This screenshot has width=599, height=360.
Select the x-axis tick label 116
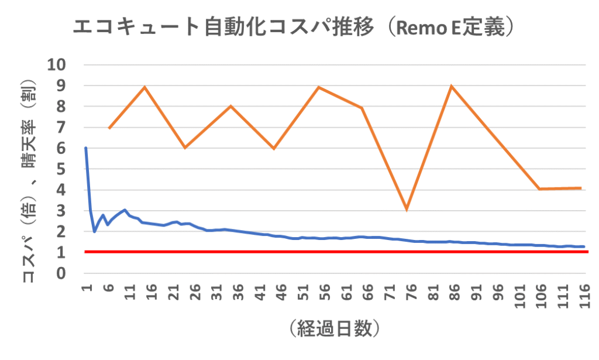click(583, 293)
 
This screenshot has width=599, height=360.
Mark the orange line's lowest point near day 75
click(406, 209)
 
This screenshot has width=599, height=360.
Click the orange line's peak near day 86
click(451, 86)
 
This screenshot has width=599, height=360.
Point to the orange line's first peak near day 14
click(144, 87)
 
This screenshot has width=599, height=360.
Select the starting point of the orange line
click(109, 128)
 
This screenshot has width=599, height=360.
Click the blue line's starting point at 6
click(86, 148)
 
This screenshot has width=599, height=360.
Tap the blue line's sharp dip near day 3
click(94, 231)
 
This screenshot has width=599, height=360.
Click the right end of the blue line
click(584, 246)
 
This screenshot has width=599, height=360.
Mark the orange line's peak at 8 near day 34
click(230, 106)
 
